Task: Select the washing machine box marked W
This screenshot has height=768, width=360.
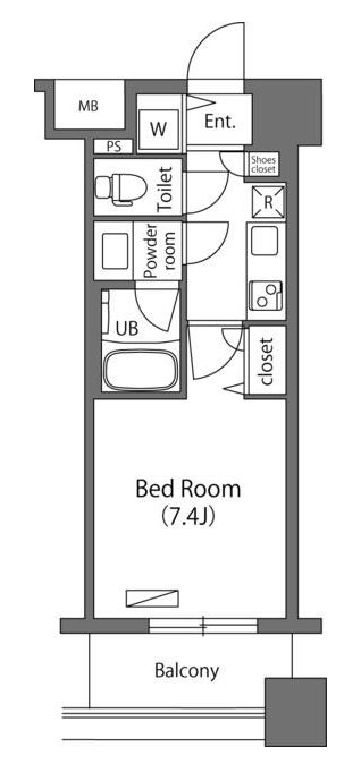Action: (158, 128)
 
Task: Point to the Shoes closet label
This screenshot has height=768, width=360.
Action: (264, 165)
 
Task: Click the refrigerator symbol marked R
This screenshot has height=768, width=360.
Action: (268, 201)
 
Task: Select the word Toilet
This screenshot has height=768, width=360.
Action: (164, 187)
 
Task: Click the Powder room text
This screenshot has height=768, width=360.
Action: (160, 250)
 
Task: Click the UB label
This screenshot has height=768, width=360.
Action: (127, 327)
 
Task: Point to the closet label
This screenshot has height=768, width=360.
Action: (267, 360)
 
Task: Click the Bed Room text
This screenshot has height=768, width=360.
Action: (188, 490)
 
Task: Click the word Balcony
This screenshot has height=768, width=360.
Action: (187, 671)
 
